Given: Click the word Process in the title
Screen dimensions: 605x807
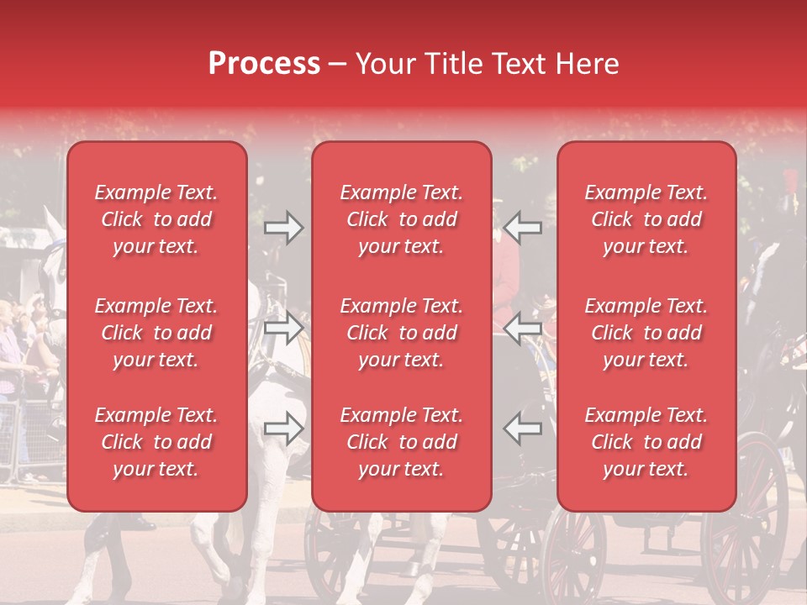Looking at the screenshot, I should tap(264, 64).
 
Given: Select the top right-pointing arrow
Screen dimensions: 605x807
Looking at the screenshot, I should tap(283, 228).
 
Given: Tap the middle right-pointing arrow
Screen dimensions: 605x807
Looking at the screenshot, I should tap(283, 328).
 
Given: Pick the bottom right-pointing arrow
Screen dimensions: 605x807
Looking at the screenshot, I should tap(283, 429).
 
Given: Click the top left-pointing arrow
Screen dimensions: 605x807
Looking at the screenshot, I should tap(523, 228).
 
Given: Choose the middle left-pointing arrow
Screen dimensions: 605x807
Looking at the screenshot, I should tap(523, 328).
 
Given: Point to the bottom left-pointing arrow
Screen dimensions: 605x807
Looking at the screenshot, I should tap(523, 429).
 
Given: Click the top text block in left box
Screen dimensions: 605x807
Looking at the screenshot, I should tap(156, 219).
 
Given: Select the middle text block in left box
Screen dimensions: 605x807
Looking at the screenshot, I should tap(156, 333).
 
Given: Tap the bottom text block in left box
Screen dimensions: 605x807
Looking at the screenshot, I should tap(156, 442).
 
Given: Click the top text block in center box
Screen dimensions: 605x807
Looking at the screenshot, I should tap(402, 219).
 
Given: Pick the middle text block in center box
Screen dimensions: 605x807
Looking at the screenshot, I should tap(402, 333).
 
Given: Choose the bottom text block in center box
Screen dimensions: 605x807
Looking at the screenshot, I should tap(402, 442).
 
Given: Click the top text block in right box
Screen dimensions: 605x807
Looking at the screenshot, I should tap(646, 219).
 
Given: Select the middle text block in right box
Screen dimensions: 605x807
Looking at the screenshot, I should tap(646, 333).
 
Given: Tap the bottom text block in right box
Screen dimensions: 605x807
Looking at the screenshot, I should tap(646, 442).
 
